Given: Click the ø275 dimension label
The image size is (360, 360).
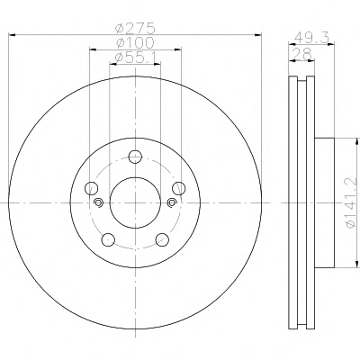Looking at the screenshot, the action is [136, 29].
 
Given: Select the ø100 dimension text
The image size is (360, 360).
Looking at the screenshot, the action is [135, 42].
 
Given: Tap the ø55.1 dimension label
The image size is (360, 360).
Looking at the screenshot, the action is [135, 57].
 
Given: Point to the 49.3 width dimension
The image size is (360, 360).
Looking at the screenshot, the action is [312, 38].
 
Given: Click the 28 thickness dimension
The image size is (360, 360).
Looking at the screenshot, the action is [301, 54].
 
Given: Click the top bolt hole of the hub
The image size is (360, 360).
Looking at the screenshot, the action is [135, 157].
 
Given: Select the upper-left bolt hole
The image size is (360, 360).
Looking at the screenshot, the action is [92, 188].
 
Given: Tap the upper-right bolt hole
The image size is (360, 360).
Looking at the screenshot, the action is [179, 188].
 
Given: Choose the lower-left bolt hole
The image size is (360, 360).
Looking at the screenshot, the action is [108, 239].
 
